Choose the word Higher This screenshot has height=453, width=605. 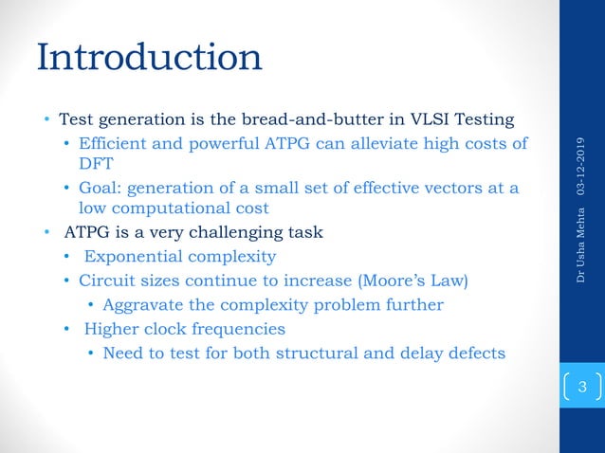click(x=109, y=329)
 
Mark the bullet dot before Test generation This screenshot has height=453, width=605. click(x=46, y=121)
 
